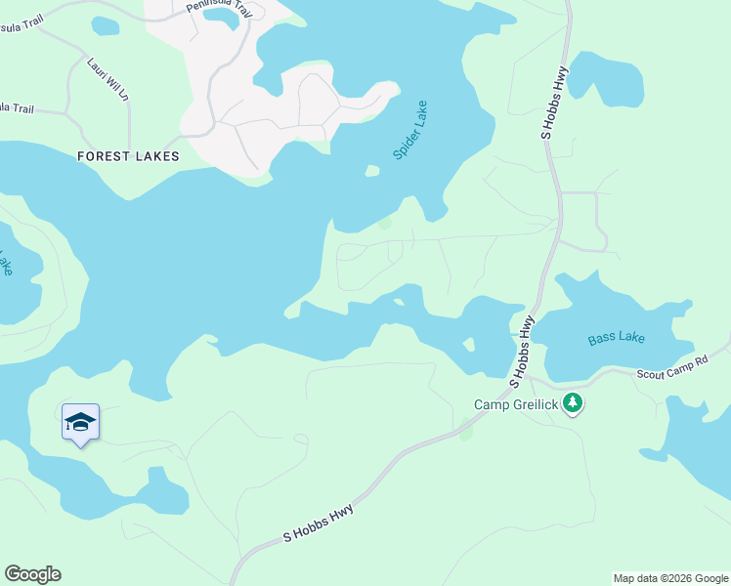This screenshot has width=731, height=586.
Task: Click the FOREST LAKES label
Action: pos(130,156)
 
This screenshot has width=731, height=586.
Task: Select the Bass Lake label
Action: pos(616,339)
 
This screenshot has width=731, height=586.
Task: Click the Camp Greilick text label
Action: pos(515,404)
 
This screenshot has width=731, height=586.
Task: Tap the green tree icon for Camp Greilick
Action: pos(573,402)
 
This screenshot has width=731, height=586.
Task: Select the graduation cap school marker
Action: pos(80,422)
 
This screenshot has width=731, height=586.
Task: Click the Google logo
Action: pos(32,574)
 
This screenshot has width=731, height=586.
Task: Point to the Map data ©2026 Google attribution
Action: pos(669,578)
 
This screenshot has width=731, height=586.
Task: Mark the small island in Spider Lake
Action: pos(372,171)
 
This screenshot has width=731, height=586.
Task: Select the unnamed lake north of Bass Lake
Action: pos(607,78)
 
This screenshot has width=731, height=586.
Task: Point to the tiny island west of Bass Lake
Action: pos(470,345)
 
